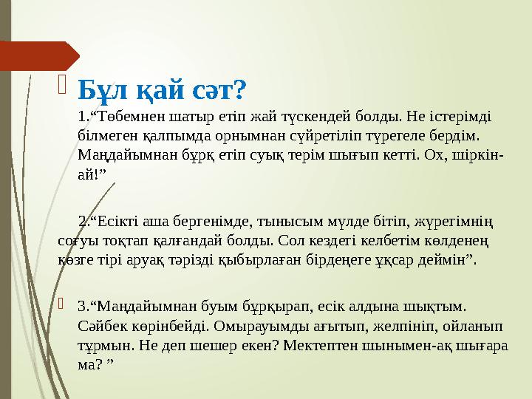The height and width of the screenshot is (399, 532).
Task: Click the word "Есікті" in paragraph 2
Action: click(x=117, y=220)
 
